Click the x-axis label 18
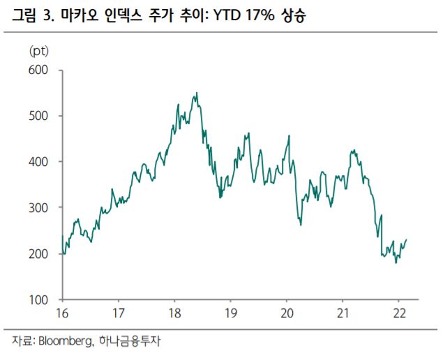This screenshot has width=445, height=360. [x=174, y=312]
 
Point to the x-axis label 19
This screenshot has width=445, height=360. [x=230, y=312]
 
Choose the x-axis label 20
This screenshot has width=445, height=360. [x=287, y=312]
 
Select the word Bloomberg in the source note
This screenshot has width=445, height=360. [x=62, y=342]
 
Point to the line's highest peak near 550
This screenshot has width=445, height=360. [x=197, y=93]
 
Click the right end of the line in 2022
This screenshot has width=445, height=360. [x=407, y=239]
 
